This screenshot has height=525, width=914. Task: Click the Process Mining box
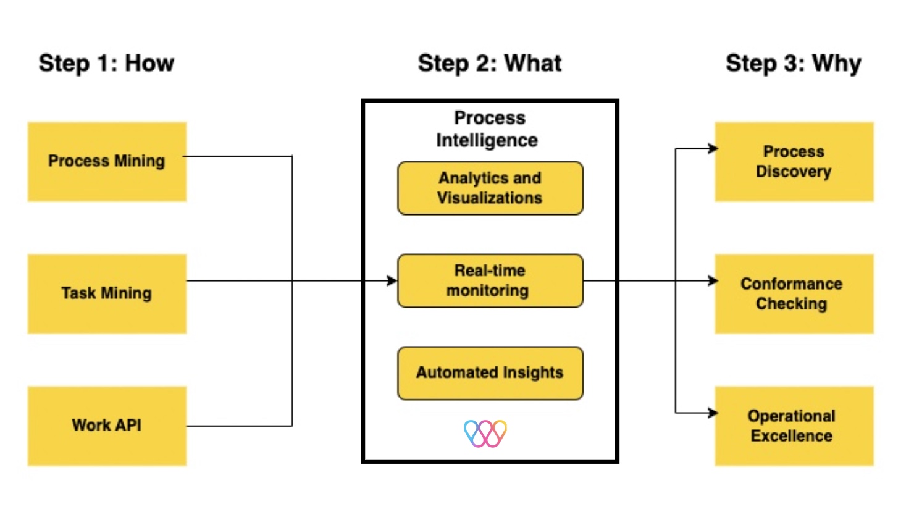[x=107, y=161]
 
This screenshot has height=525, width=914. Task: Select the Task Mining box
[x=107, y=293]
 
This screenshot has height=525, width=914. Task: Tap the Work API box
[x=107, y=426]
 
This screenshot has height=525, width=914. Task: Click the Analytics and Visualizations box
[x=490, y=188]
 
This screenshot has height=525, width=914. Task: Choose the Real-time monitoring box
[x=490, y=280]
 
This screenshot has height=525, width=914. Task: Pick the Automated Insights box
[x=490, y=372]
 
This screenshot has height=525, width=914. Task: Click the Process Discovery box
[x=794, y=161]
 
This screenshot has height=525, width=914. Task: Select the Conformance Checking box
[x=794, y=293]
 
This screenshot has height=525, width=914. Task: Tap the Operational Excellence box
[x=794, y=426]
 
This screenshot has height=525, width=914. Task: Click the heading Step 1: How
[x=106, y=63]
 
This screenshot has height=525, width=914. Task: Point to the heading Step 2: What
[x=490, y=63]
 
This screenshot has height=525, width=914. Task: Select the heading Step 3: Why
[x=793, y=63]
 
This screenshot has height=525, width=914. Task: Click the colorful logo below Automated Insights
[x=485, y=433]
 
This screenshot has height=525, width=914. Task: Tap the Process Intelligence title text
[x=488, y=129]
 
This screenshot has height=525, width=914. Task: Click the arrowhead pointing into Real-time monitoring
[x=392, y=281]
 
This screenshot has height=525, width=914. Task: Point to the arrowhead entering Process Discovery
[x=713, y=148]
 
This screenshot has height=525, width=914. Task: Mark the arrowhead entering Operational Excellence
[x=713, y=413]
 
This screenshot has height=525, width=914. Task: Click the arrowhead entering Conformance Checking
[x=713, y=281]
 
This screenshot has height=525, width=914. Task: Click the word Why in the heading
[x=836, y=63]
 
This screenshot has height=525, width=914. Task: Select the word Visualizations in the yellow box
[x=490, y=198]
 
